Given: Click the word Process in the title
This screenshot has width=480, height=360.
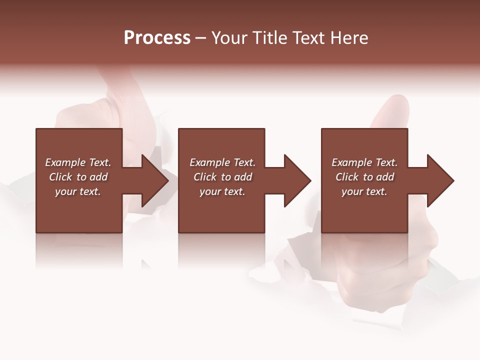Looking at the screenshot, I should pyautogui.click(x=157, y=38).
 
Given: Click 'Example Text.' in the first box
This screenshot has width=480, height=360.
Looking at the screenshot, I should pyautogui.click(x=78, y=162).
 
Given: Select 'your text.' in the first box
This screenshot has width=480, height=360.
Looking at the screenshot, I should pyautogui.click(x=78, y=191).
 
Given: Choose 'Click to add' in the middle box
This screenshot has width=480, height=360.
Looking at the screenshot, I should pyautogui.click(x=222, y=177).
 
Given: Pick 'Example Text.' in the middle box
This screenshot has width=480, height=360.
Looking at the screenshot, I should pyautogui.click(x=222, y=162).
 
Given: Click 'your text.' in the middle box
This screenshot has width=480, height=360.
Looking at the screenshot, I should pyautogui.click(x=222, y=191).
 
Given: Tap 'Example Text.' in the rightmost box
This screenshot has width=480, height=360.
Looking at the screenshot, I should pyautogui.click(x=364, y=162).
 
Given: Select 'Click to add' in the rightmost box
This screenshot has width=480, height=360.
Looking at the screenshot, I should pyautogui.click(x=364, y=177).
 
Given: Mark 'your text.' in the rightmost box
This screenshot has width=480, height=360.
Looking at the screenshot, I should pyautogui.click(x=364, y=191).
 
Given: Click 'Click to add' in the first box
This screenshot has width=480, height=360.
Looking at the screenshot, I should pyautogui.click(x=78, y=177).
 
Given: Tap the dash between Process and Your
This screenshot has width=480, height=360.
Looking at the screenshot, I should pyautogui.click(x=200, y=38).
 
